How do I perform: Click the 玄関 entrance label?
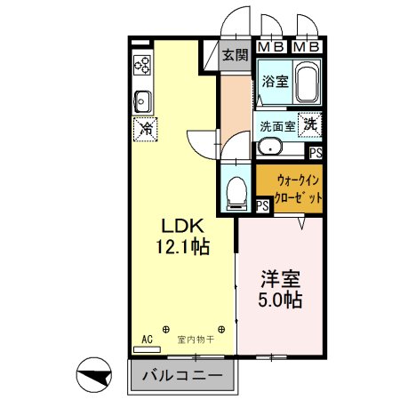click(234, 55)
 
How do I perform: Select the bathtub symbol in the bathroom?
click(307, 84)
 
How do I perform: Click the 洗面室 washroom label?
click(277, 126)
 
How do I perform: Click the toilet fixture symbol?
click(236, 191)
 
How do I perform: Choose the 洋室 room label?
click(280, 277)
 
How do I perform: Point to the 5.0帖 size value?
click(281, 300)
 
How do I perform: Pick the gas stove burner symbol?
click(142, 65)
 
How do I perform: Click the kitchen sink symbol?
click(143, 98)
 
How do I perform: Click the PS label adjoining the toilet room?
click(262, 205)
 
